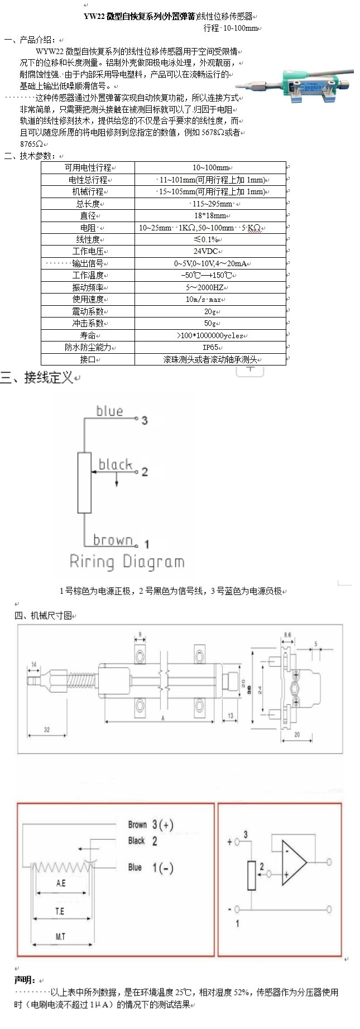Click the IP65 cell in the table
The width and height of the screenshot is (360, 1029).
click(x=210, y=347)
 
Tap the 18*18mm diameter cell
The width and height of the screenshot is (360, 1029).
click(x=210, y=215)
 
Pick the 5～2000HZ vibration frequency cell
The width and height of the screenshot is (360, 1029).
click(x=210, y=287)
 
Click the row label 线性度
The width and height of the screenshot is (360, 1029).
click(x=88, y=239)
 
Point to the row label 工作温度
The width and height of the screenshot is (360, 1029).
click(x=88, y=275)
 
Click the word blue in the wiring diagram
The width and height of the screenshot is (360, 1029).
click(x=109, y=411)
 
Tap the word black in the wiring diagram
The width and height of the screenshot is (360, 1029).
click(x=115, y=464)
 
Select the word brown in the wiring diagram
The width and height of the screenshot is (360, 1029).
click(x=113, y=540)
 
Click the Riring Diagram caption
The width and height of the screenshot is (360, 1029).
click(x=127, y=561)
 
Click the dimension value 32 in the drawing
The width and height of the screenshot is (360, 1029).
click(x=46, y=729)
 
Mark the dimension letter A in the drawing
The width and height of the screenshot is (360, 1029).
click(x=163, y=718)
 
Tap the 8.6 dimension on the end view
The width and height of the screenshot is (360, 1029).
click(x=287, y=634)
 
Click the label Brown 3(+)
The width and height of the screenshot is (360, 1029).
click(x=150, y=825)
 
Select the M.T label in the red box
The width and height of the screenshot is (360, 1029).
click(x=61, y=936)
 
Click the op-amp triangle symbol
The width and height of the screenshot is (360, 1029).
click(x=293, y=862)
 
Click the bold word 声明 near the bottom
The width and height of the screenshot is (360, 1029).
click(x=25, y=980)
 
